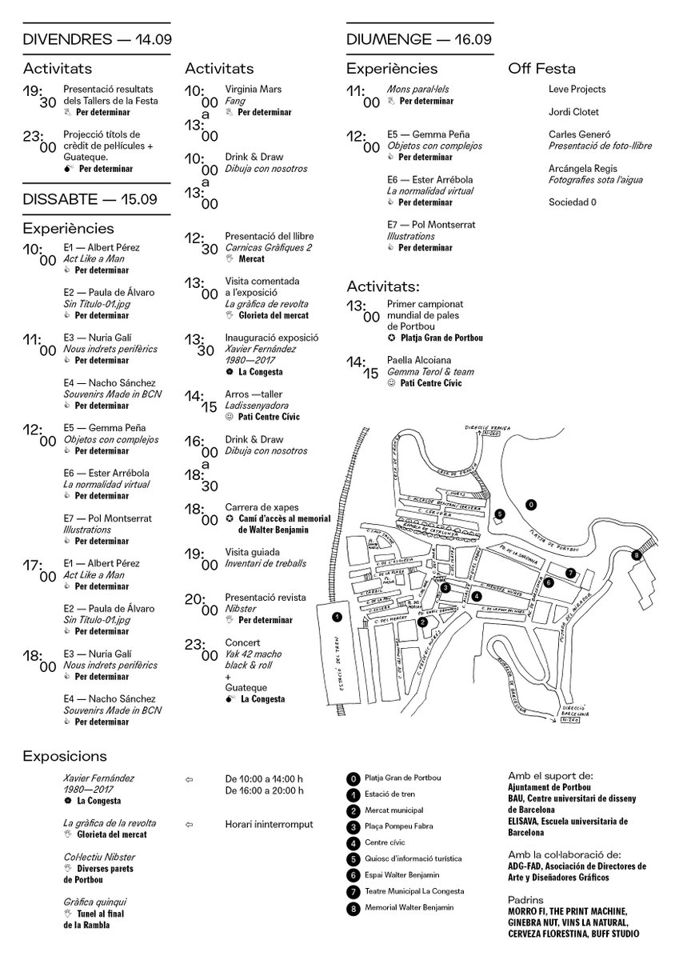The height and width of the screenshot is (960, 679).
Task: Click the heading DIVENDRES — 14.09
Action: (x=98, y=39)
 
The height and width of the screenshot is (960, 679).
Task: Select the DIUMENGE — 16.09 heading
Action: (x=418, y=39)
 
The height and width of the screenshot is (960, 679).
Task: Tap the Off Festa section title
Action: (x=541, y=69)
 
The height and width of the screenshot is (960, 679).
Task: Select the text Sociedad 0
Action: (x=573, y=203)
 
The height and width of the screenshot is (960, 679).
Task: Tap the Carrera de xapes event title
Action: (x=258, y=508)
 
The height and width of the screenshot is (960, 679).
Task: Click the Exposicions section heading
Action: (x=65, y=756)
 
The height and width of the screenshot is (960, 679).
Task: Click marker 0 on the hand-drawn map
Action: (x=529, y=504)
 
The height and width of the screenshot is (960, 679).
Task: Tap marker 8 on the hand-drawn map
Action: (x=637, y=554)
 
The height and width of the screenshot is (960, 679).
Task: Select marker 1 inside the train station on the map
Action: (x=337, y=617)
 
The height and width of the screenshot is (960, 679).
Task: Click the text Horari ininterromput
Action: (x=269, y=824)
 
